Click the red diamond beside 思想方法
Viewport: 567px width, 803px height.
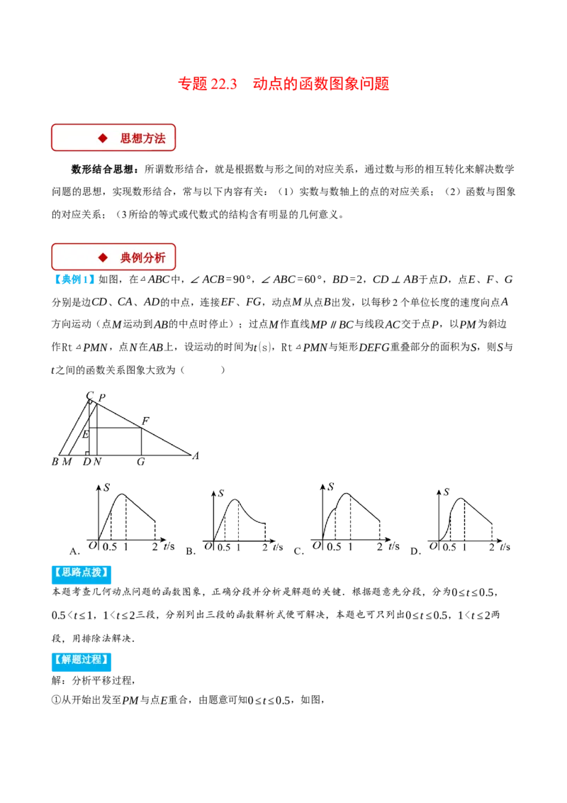[x=103, y=138]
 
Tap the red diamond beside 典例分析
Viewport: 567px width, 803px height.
[x=103, y=257]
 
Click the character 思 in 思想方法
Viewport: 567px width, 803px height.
[x=126, y=138]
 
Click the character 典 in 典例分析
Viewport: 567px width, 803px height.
[x=126, y=257]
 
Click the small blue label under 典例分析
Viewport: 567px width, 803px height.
[x=74, y=280]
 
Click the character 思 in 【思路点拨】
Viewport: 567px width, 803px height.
[x=67, y=572]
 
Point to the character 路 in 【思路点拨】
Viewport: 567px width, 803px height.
[x=77, y=572]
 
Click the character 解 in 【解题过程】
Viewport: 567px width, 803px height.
[x=67, y=659]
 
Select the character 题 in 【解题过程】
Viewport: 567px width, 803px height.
[x=77, y=659]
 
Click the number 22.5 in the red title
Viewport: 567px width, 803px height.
[x=223, y=83]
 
